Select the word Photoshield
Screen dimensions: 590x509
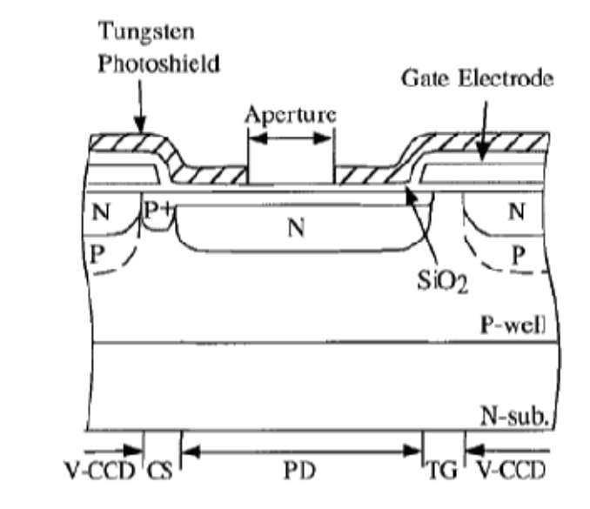[x=158, y=64]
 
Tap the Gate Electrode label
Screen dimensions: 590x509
[x=478, y=78]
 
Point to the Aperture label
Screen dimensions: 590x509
[x=291, y=115]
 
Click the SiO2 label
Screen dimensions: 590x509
[x=443, y=281]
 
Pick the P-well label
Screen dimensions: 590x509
[x=513, y=325]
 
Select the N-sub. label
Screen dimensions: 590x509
[x=514, y=416]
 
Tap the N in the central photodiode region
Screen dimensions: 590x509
[x=296, y=228]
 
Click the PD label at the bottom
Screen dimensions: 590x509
[x=299, y=470]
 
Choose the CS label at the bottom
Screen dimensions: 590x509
[x=160, y=471]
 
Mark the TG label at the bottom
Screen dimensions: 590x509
[x=443, y=470]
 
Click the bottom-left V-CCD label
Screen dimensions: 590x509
[x=100, y=470]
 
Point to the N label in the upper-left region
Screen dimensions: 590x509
[x=101, y=212]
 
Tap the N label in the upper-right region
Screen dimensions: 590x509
[x=517, y=211]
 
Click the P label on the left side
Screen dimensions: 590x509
[x=97, y=254]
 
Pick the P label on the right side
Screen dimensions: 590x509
[x=519, y=256]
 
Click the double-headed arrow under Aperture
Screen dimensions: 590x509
[x=290, y=138]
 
